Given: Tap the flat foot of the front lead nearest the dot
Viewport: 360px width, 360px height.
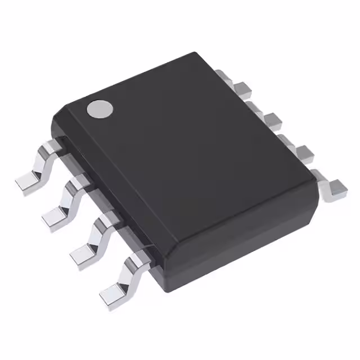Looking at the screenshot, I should [x=29, y=181].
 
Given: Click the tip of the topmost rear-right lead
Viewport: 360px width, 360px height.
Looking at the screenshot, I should [x=223, y=74].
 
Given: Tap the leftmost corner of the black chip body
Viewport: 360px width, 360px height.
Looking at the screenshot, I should [x=52, y=119].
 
